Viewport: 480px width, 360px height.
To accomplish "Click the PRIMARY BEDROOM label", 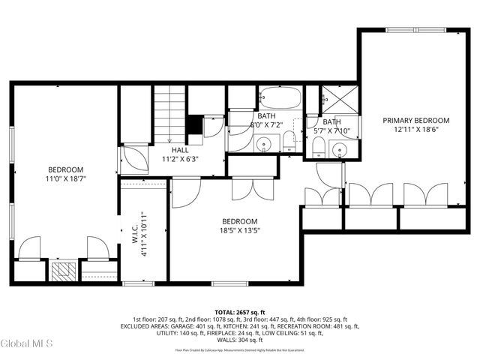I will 415,120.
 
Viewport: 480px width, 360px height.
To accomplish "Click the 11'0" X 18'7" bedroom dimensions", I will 66,179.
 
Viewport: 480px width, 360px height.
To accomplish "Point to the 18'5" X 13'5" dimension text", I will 239,231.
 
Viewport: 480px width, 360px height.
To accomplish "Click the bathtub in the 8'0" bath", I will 280,98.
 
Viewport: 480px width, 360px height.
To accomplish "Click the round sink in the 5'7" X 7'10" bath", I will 341,148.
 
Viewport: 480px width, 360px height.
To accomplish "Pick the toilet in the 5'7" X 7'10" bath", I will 318,147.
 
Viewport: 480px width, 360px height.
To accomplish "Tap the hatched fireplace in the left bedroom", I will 64,271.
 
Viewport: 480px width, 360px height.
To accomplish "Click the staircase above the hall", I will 169,112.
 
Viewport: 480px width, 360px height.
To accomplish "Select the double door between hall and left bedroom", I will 134,160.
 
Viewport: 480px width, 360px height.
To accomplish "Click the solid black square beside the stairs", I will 193,124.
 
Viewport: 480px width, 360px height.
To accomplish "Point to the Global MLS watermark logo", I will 27,343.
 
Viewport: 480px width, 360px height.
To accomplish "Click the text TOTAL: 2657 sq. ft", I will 240,311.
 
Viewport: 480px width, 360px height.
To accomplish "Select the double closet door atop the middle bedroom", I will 247,188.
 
